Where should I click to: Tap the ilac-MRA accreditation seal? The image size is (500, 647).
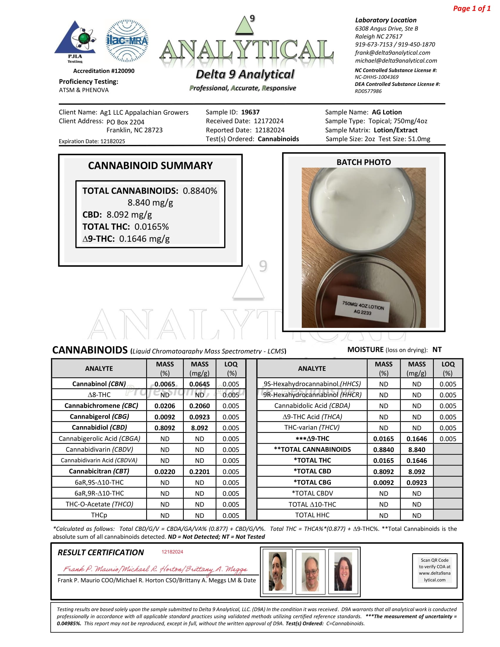[127, 41]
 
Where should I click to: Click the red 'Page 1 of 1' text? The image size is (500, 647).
[471, 8]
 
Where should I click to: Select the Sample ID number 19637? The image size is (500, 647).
[250, 112]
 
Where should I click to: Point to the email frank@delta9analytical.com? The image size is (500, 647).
[392, 52]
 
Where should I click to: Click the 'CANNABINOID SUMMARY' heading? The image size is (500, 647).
[150, 165]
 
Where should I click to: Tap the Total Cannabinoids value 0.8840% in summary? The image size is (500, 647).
[200, 191]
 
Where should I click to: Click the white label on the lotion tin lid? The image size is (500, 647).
[363, 308]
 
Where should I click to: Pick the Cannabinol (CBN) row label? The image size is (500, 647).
[99, 383]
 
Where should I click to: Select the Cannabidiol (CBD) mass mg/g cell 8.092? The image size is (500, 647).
[199, 428]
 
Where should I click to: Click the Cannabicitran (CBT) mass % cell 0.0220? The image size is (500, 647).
[165, 471]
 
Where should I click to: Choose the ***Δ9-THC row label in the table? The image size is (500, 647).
[312, 438]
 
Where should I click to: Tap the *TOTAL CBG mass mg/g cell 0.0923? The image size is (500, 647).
[416, 482]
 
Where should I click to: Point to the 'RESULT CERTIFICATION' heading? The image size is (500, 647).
[101, 553]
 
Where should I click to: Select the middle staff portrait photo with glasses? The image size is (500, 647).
[310, 571]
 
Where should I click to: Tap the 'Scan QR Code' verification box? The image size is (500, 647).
[434, 571]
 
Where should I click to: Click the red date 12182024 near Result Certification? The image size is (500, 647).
[172, 552]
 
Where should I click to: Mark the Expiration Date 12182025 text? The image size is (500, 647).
[92, 141]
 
